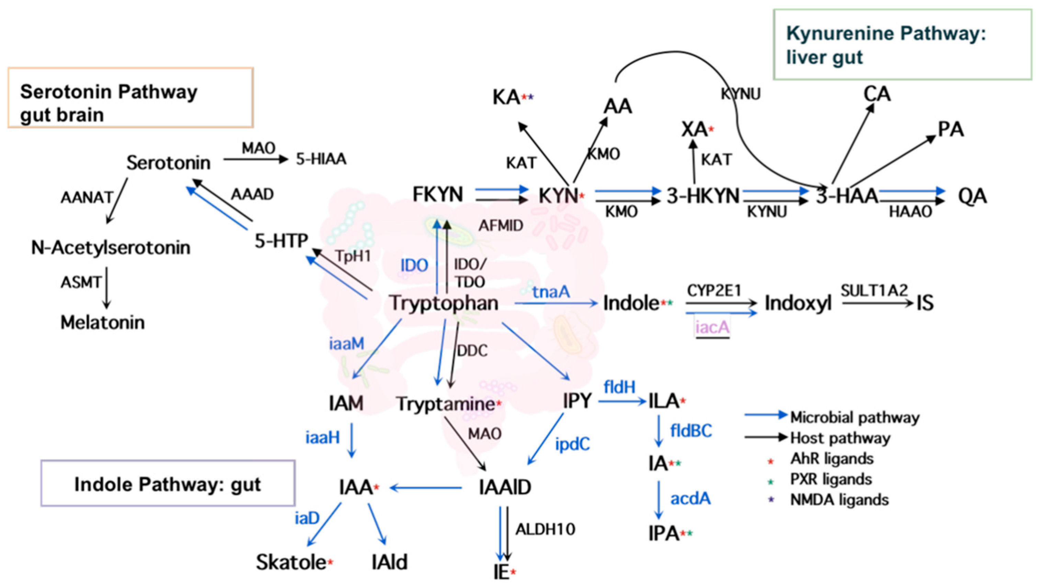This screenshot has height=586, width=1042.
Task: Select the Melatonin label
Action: [102, 323]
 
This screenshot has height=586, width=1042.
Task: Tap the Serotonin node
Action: [168, 163]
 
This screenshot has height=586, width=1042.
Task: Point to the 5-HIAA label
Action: [321, 159]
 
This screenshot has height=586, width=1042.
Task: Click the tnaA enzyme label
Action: [551, 291]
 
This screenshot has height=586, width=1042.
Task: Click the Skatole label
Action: [291, 562]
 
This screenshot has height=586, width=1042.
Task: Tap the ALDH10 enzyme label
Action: [545, 529]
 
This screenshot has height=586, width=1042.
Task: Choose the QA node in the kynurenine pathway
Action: [972, 197]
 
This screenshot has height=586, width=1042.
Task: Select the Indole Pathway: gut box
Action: [168, 484]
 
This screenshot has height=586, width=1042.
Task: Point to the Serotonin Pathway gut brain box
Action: [130, 98]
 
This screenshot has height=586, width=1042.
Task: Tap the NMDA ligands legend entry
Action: [839, 500]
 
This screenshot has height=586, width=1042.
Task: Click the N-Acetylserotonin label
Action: [111, 248]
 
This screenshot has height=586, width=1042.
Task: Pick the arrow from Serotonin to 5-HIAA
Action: [256, 159]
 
